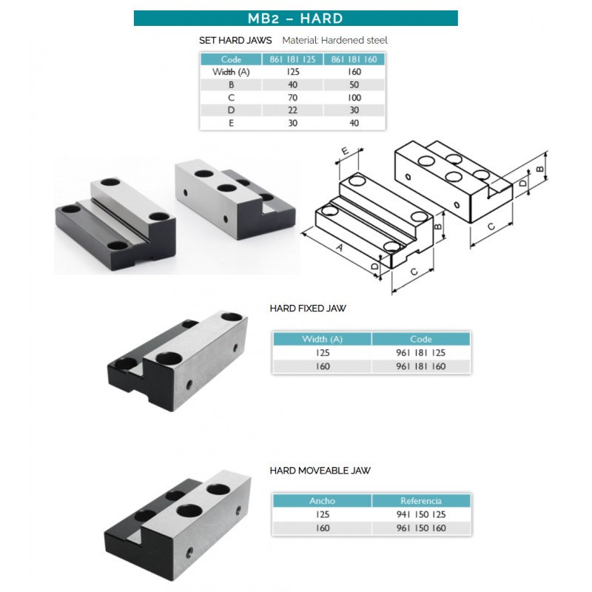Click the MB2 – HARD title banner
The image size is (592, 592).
pyautogui.click(x=295, y=18)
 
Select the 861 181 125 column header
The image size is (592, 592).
pyautogui.click(x=292, y=59)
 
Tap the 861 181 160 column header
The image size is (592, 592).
pyautogui.click(x=354, y=59)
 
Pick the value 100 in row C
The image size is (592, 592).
pyautogui.click(x=354, y=98)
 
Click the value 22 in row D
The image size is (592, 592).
pyautogui.click(x=292, y=110)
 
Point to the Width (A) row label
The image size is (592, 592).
pyautogui.click(x=231, y=72)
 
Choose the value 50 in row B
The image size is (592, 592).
pyautogui.click(x=354, y=85)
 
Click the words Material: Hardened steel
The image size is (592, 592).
pyautogui.click(x=335, y=41)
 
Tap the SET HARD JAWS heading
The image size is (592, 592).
pyautogui.click(x=235, y=41)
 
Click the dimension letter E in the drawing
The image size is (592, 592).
pyautogui.click(x=345, y=151)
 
